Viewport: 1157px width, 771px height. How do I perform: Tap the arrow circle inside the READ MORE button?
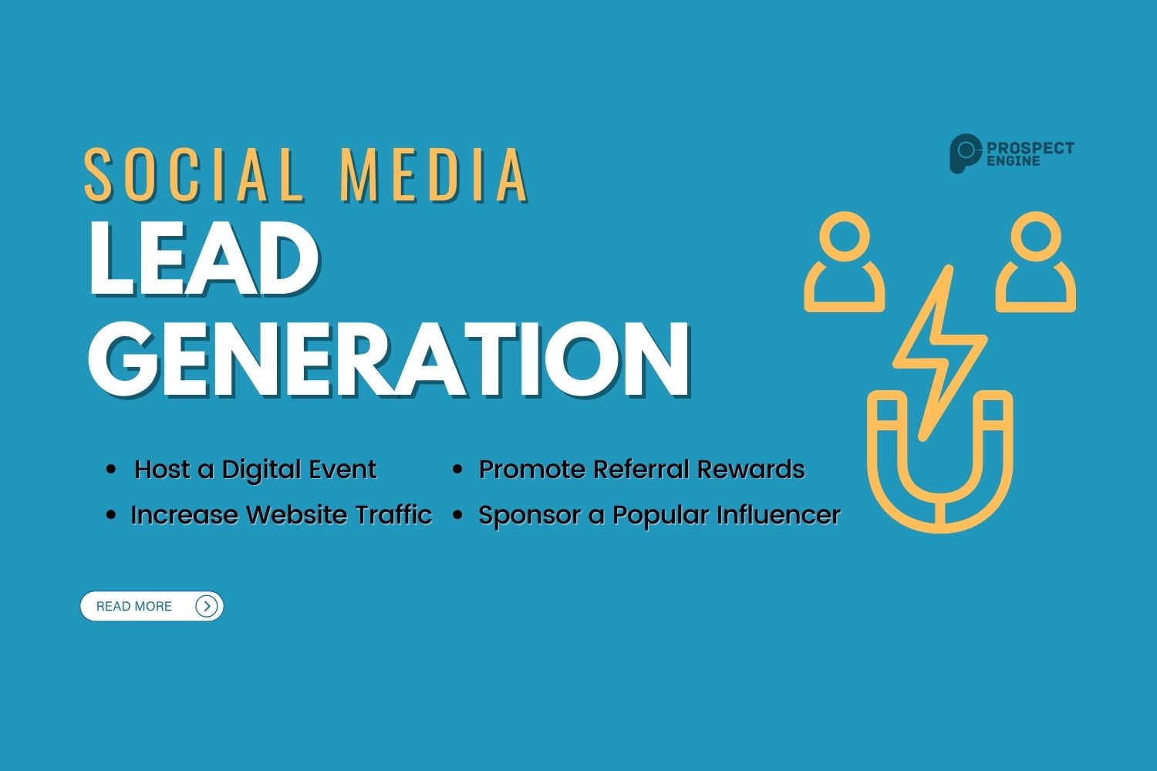(x=206, y=606)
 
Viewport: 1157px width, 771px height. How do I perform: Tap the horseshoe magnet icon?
(x=939, y=470)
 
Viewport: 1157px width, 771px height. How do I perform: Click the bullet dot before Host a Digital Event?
(x=112, y=470)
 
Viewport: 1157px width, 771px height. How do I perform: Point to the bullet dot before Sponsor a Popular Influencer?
(x=457, y=515)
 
